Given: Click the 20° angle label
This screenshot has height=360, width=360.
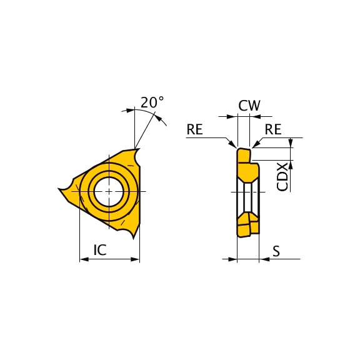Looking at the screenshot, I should tap(152, 102).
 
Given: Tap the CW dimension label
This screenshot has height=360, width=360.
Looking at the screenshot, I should tap(249, 106).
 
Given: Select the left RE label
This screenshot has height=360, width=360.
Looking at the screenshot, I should tap(195, 129).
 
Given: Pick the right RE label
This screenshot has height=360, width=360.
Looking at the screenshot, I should tap(273, 129).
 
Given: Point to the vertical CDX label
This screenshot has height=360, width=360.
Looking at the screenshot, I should tap(282, 176).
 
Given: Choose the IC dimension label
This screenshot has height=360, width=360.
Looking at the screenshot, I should tap(100, 251).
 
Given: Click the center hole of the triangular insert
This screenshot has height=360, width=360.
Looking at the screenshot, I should tap(109, 191).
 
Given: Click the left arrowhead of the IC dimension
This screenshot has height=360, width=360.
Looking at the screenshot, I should tap(84, 259).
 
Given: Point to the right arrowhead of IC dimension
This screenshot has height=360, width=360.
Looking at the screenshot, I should tap(136, 259).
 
